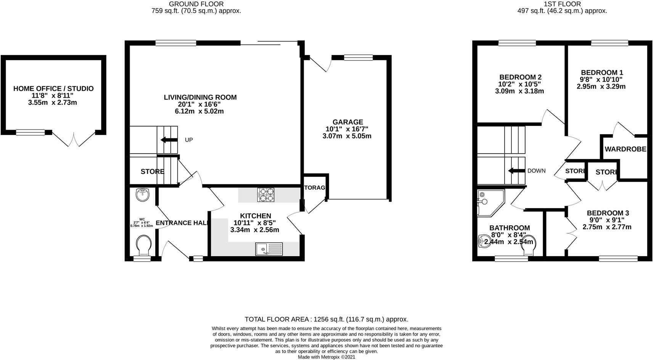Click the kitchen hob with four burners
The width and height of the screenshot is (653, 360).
click(x=266, y=194)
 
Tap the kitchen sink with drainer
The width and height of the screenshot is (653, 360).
click(x=269, y=249)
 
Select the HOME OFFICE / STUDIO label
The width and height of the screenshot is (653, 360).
click(x=53, y=88)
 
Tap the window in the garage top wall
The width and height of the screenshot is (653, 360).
click(x=358, y=58)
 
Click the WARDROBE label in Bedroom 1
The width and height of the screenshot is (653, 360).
click(x=625, y=149)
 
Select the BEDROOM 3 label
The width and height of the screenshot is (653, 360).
click(x=608, y=213)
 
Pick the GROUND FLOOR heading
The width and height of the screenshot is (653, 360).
click(x=196, y=4)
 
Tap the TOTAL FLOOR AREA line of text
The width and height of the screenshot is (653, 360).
click(x=326, y=320)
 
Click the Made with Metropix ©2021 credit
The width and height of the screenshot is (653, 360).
click(x=326, y=357)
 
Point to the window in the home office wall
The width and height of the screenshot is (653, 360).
click(x=30, y=132)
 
